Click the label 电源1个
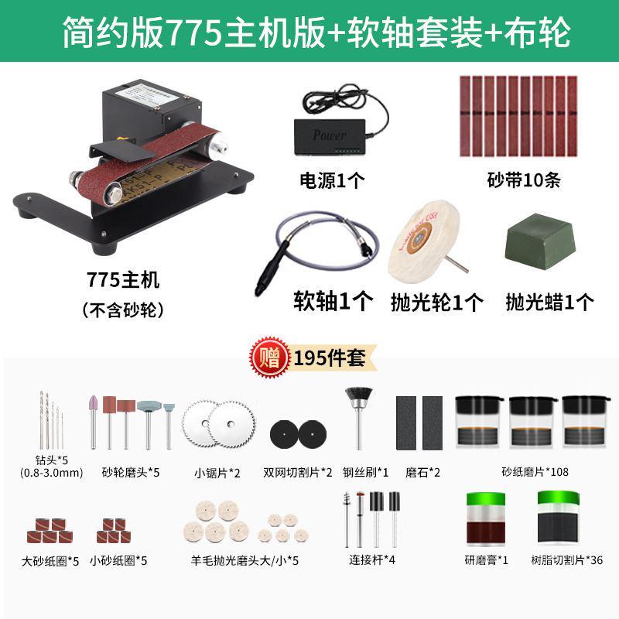[x=333, y=180]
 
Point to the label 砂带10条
[x=524, y=180]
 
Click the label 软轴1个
[x=333, y=299]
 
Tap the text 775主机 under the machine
[x=124, y=279]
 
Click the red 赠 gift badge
[x=268, y=357]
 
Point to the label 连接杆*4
[x=370, y=559]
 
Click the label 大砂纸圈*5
[x=52, y=560]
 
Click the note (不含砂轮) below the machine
[x=124, y=311]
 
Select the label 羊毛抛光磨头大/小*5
[x=245, y=560]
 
